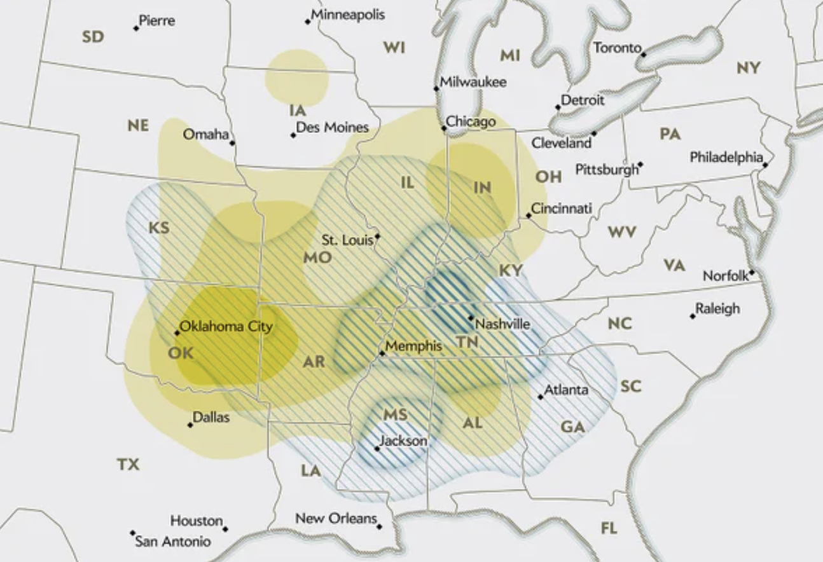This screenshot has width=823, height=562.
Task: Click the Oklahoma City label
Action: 226,327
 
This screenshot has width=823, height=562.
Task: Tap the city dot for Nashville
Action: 471,317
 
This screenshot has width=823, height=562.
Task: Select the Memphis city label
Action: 413,346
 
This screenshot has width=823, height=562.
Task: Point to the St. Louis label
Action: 347,240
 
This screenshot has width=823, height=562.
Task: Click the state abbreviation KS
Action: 159,227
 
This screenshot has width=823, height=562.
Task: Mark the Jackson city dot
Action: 377,448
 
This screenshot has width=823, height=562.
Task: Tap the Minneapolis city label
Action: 348,14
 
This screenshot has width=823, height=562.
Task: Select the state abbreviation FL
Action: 609,528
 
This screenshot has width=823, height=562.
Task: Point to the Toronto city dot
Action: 644,55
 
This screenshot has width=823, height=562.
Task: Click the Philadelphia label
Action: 726,156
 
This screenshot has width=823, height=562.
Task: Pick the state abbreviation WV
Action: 621,232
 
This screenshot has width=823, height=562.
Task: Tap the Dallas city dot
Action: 190,424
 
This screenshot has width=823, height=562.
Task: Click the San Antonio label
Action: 172,542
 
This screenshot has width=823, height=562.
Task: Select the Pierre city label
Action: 156,20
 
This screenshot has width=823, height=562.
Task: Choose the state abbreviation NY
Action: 748,67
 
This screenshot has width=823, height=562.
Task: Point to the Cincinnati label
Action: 561,208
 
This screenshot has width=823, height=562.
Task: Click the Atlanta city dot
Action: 541,397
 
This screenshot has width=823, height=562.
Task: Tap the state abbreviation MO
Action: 317,257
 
